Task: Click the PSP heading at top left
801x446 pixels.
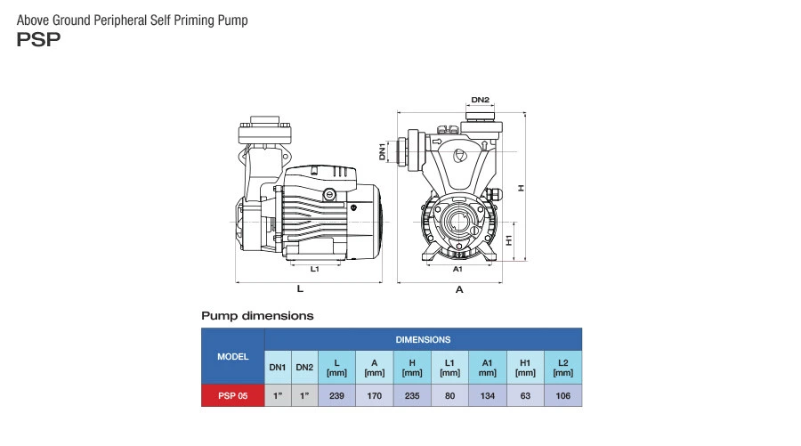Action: tap(38, 39)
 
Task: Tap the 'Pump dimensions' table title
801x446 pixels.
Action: tap(257, 315)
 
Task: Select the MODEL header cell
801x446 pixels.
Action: tap(233, 356)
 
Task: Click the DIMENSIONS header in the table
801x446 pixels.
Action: tap(423, 339)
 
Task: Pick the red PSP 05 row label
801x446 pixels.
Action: tap(233, 395)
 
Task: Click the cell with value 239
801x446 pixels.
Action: tap(336, 395)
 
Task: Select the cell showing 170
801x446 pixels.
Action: tap(375, 395)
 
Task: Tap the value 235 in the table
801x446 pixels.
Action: tap(412, 395)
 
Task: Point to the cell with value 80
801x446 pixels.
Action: tap(449, 395)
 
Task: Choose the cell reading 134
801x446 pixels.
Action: tap(487, 395)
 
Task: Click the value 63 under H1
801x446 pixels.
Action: tap(525, 395)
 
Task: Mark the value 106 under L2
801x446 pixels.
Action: tap(562, 395)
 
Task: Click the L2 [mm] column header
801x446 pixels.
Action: tap(562, 368)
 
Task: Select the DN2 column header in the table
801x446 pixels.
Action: tap(304, 368)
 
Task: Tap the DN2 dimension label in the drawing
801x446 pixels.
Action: tap(481, 100)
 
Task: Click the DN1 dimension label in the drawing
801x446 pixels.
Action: tap(382, 151)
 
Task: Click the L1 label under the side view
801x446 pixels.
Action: tap(315, 268)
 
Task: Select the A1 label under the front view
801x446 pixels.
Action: tap(458, 268)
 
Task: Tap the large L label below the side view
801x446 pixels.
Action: tap(300, 290)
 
